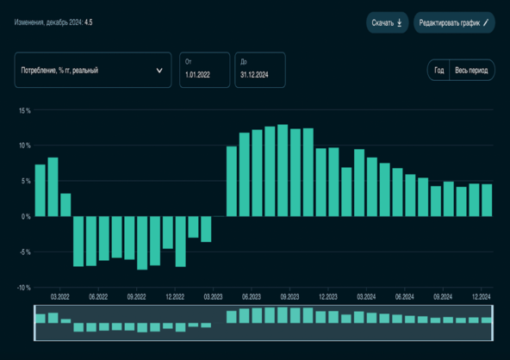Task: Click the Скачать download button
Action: pyautogui.click(x=387, y=23)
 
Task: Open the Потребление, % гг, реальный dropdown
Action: pyautogui.click(x=91, y=71)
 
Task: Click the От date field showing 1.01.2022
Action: pyautogui.click(x=204, y=71)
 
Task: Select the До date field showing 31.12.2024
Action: pyautogui.click(x=259, y=71)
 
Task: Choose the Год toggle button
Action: pyautogui.click(x=438, y=71)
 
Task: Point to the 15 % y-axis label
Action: pyautogui.click(x=23, y=111)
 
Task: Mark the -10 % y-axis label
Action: pyautogui.click(x=22, y=288)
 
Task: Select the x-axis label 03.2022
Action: pyautogui.click(x=59, y=295)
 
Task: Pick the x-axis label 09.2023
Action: pyautogui.click(x=289, y=295)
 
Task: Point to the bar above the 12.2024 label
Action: pyautogui.click(x=487, y=200)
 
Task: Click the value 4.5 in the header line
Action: pyautogui.click(x=88, y=23)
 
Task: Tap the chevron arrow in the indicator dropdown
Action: pyautogui.click(x=159, y=71)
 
